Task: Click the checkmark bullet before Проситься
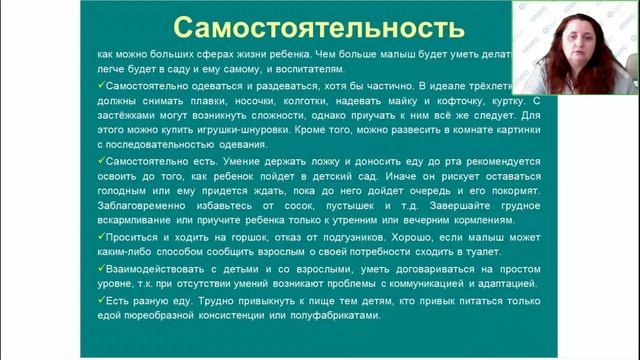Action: pos(102,239)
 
